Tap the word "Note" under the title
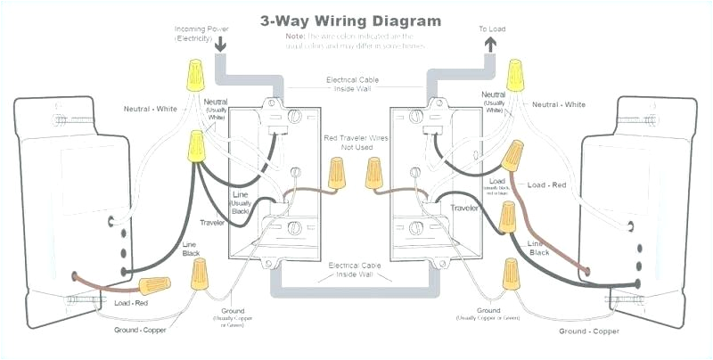pos(296,36)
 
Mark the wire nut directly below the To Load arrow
pos(514,77)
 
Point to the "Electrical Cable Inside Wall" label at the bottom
pos(356,269)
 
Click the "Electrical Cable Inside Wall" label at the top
pos(356,85)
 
